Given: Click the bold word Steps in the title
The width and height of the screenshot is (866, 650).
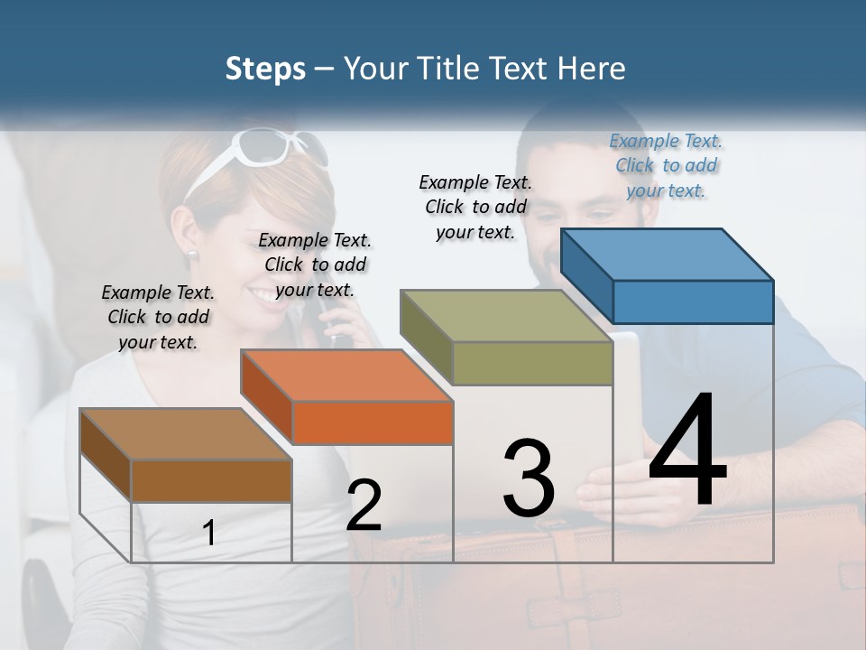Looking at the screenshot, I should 264,69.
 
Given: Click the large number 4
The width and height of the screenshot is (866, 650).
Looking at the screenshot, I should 687,452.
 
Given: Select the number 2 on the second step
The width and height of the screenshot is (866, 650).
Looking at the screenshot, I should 364,506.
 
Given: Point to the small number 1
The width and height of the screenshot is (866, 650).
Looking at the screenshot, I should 209,534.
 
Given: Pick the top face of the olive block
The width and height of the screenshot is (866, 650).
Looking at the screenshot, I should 505,316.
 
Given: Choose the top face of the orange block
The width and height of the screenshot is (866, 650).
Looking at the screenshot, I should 346,376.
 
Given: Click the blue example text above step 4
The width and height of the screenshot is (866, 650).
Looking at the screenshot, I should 666,165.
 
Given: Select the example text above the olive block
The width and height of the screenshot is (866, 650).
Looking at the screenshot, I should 475,207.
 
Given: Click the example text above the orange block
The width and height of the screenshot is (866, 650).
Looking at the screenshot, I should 315,265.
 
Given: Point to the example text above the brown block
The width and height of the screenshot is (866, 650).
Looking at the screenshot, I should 158,317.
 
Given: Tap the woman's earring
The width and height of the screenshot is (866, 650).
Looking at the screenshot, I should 192,255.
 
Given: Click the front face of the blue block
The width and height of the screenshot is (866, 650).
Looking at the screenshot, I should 693,302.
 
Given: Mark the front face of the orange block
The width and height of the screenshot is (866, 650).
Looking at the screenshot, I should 373,422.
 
